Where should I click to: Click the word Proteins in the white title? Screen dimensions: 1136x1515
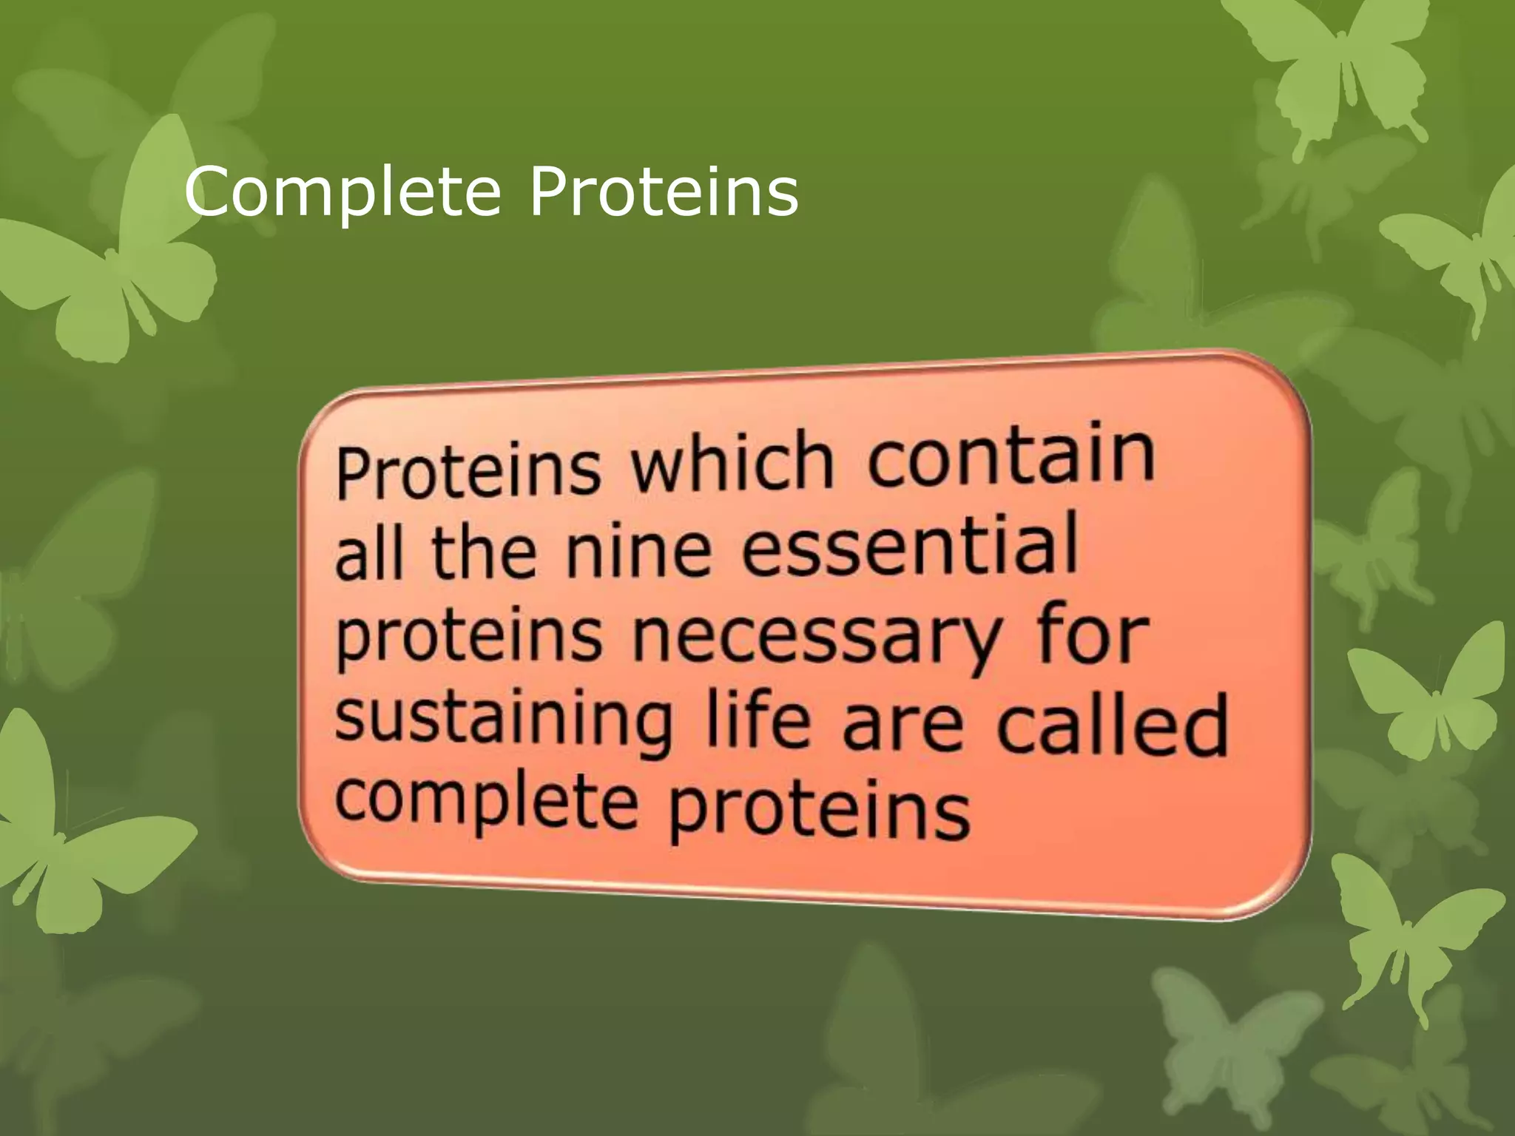(664, 192)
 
